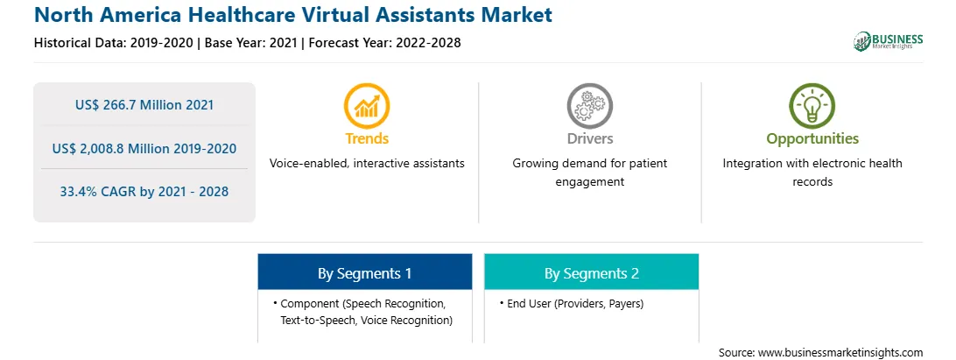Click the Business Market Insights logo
coord(889,41)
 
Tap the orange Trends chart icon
coord(367,106)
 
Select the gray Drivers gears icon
coord(589,106)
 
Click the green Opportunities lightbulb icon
coord(812,106)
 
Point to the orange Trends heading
coord(367,138)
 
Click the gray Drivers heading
coord(589,138)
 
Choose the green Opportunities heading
coord(812,139)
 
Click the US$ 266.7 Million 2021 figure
coord(144,105)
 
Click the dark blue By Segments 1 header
coord(364,272)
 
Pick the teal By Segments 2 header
coord(592,272)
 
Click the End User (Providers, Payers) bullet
coord(572,303)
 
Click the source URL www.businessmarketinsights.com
coord(840,352)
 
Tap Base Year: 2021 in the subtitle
coord(250,43)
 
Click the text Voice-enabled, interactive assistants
coord(367,164)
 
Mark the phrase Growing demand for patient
coord(589,164)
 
